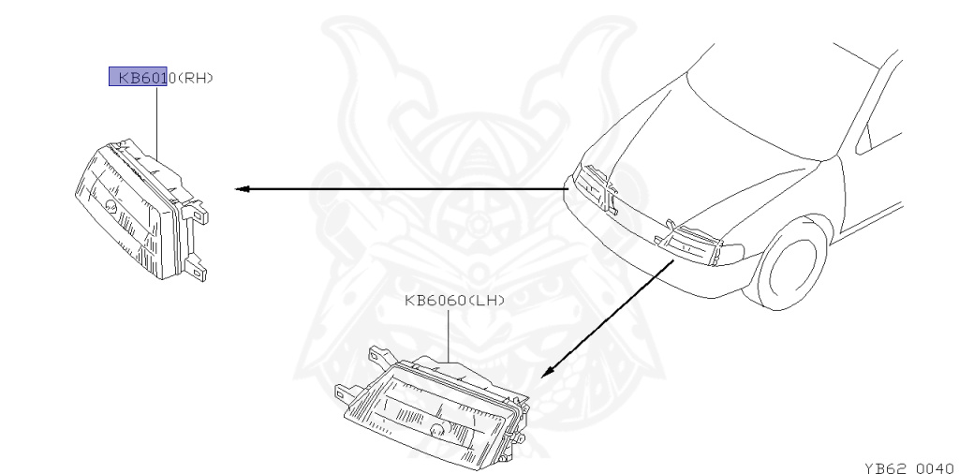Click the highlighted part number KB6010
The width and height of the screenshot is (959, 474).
pos(138,78)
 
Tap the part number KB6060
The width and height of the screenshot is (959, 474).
pos(440,302)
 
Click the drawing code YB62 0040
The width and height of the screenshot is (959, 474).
pos(907,465)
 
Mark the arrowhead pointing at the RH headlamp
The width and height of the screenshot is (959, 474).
pos(241,189)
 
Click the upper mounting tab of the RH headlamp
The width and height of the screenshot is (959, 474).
pos(199,214)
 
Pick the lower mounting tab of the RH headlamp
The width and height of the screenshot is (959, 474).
pos(198,269)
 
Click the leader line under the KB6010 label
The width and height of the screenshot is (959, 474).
pos(156,122)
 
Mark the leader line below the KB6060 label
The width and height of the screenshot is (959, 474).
pos(450,333)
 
